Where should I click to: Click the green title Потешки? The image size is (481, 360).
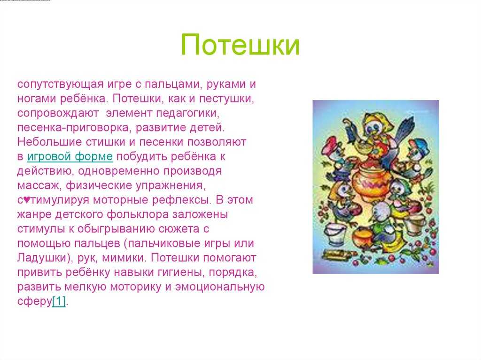(240, 45)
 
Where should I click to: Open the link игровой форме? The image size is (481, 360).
(70, 157)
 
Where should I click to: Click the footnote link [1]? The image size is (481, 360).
(59, 301)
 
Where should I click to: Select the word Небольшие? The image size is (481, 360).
(49, 142)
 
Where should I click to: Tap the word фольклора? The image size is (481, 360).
(138, 214)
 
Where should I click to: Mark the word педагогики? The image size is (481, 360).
(188, 113)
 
